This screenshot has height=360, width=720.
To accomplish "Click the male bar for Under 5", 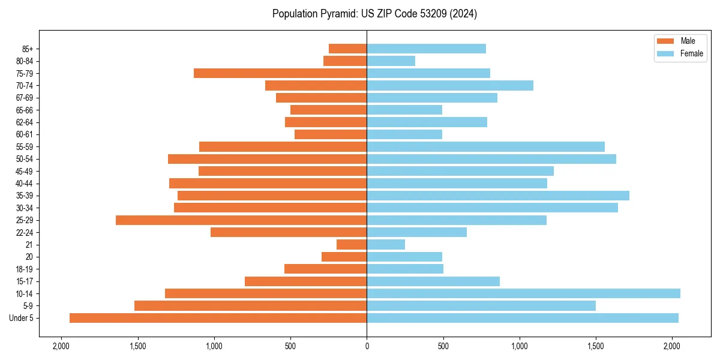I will click(x=218, y=318).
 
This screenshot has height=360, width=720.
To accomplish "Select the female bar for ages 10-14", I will click(x=523, y=293).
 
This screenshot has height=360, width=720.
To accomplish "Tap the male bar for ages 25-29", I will click(x=241, y=220).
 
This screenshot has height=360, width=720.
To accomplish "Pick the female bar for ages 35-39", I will click(x=498, y=196).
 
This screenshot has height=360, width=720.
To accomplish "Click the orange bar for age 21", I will click(x=352, y=244).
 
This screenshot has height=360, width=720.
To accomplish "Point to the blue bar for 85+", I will click(x=426, y=49).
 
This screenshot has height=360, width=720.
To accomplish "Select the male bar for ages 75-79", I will click(x=280, y=73).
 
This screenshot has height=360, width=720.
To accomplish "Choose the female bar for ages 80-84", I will click(x=391, y=61).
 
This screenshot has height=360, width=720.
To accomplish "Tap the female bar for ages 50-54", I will click(x=491, y=159).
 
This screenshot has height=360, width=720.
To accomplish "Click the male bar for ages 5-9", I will click(x=250, y=305).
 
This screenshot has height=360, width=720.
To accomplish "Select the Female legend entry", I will click(x=680, y=53).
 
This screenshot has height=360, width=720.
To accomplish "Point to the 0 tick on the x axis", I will click(x=367, y=346).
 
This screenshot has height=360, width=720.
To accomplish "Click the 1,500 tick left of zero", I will click(x=137, y=346).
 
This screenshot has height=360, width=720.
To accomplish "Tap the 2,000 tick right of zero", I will click(x=672, y=346).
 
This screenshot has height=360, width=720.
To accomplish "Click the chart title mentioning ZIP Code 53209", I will click(x=374, y=14).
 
